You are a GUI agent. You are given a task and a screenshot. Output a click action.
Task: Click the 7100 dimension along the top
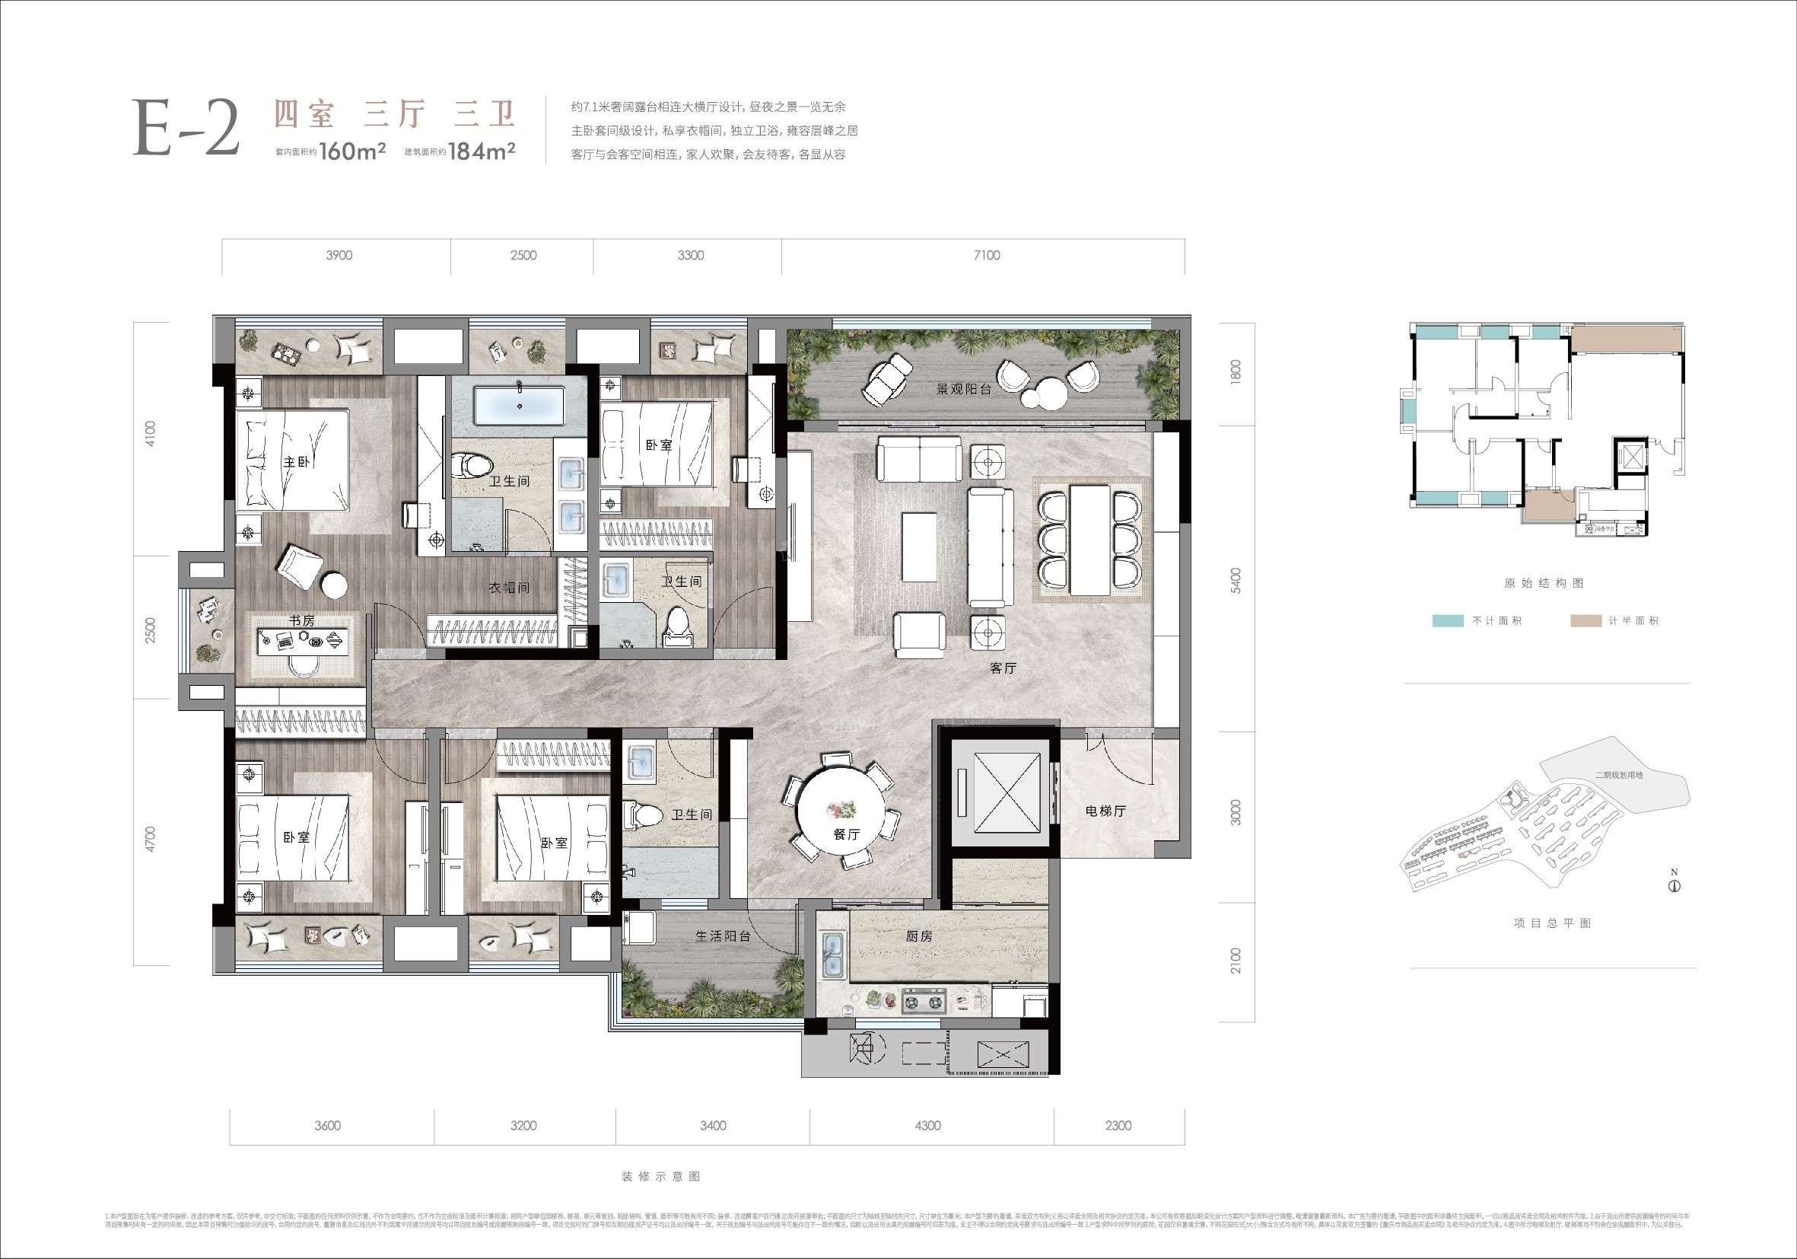986,255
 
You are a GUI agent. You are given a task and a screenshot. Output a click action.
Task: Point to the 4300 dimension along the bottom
927,1125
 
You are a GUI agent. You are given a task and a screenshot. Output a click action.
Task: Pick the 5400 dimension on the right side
1236,580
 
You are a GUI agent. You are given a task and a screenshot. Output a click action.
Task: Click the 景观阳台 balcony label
963,389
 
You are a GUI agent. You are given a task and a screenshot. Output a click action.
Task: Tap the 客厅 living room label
1003,668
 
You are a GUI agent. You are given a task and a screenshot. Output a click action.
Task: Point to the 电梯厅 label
1105,811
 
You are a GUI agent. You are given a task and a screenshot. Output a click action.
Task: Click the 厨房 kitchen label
919,935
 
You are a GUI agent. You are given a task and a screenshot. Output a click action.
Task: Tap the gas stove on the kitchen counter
924,1001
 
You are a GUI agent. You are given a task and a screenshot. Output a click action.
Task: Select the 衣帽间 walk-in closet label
509,587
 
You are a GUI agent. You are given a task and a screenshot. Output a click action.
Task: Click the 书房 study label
301,620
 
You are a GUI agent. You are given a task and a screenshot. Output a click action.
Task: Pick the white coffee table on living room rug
919,547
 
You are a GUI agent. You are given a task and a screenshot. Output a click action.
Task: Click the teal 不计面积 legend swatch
1447,621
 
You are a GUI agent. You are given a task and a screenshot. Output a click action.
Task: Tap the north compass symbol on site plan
1674,885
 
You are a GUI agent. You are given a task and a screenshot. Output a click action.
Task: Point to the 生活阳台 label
724,935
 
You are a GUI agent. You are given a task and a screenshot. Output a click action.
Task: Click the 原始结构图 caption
1544,583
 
